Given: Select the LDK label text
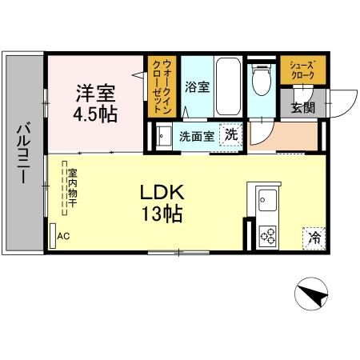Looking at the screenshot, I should [x=163, y=193].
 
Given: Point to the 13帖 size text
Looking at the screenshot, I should [x=163, y=214].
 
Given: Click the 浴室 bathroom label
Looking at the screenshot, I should [x=197, y=87].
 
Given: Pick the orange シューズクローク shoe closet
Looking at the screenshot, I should [x=302, y=69].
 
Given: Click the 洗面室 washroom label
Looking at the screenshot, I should [x=196, y=136].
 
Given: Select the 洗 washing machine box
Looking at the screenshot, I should [x=230, y=135].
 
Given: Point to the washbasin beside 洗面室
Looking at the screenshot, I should [x=163, y=136].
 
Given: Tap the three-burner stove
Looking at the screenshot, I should [x=266, y=236].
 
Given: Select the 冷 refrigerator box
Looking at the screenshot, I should [x=314, y=238].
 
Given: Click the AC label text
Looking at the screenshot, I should [x=62, y=237].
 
